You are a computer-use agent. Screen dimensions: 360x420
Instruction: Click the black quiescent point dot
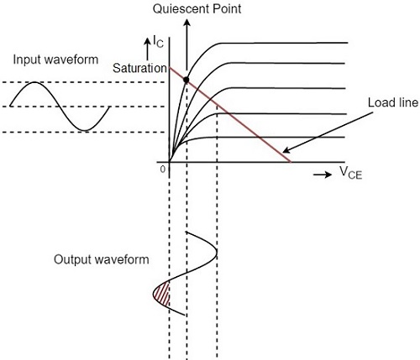coord(186,81)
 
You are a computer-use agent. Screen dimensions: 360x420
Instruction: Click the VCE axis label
coord(355,172)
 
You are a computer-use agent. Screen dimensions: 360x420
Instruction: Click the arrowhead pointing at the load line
coord(291,155)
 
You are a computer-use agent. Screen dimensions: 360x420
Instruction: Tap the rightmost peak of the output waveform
coord(217,251)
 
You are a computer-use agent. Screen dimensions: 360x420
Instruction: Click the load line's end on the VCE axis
coord(290,161)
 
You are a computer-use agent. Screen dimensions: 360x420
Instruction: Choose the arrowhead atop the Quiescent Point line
coord(186,21)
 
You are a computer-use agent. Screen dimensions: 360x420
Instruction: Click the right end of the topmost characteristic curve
coord(347,43)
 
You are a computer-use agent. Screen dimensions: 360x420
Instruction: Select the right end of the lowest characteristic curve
coord(347,137)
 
